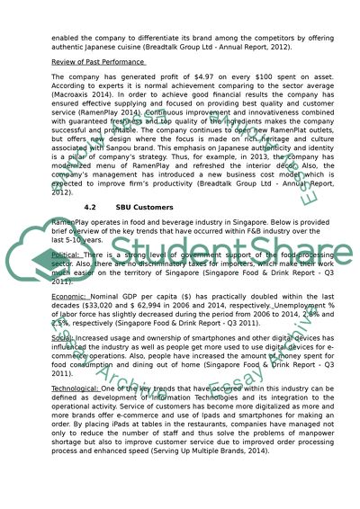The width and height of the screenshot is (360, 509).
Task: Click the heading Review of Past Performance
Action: click(99, 61)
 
